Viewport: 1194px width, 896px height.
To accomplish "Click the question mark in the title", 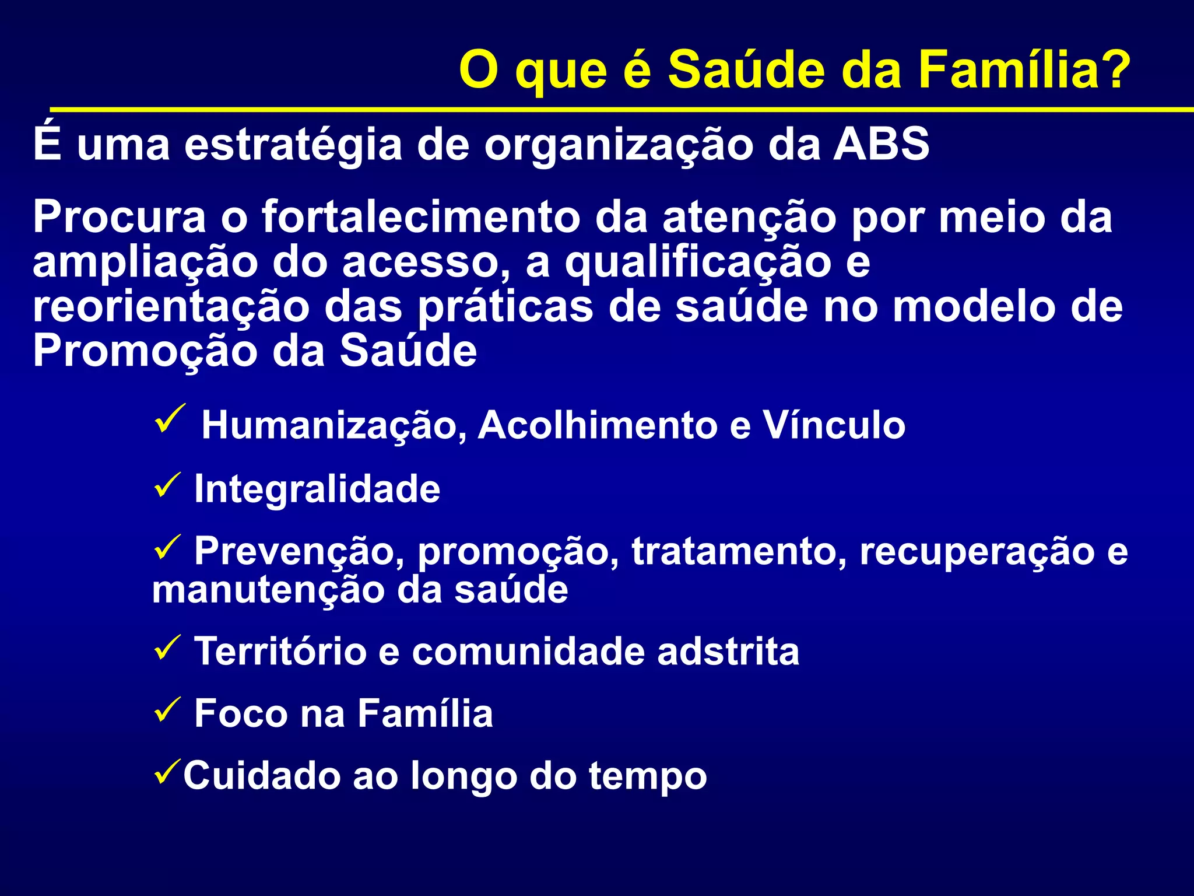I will point(1110,70).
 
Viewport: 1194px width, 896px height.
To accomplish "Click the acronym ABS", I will point(881,144).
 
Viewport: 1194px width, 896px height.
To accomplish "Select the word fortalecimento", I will point(421,217).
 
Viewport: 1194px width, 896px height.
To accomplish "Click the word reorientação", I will point(171,308).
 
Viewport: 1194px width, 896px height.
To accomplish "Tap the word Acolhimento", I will point(598,425).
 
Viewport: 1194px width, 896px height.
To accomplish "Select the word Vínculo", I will point(834,425).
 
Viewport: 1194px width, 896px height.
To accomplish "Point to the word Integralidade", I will point(317,489).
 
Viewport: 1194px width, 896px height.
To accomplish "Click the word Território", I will point(280,652).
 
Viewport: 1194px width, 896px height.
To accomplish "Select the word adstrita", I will point(728,652).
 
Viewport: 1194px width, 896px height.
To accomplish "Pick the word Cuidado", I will point(261,776).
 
